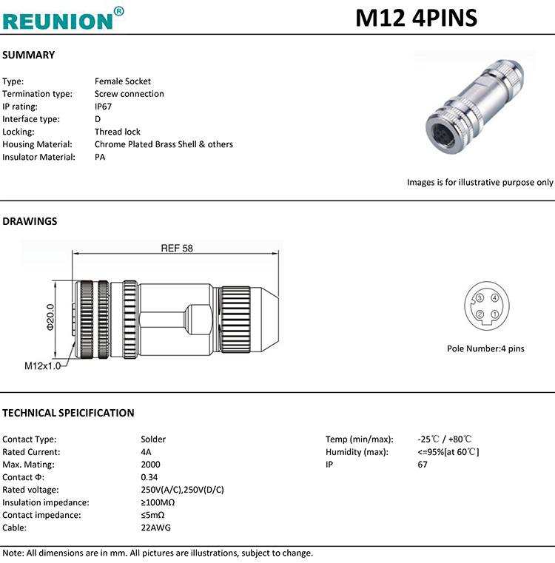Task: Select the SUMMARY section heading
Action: click(29, 55)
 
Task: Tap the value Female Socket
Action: click(123, 81)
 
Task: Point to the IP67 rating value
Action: click(103, 107)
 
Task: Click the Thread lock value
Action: click(117, 132)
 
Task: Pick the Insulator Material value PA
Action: click(100, 157)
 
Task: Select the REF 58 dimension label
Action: click(176, 249)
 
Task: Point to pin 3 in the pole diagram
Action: click(480, 298)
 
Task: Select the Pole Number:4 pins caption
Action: click(485, 348)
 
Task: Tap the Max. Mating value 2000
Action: click(150, 465)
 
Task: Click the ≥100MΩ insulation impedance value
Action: click(157, 502)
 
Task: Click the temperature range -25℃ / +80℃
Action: click(445, 439)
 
